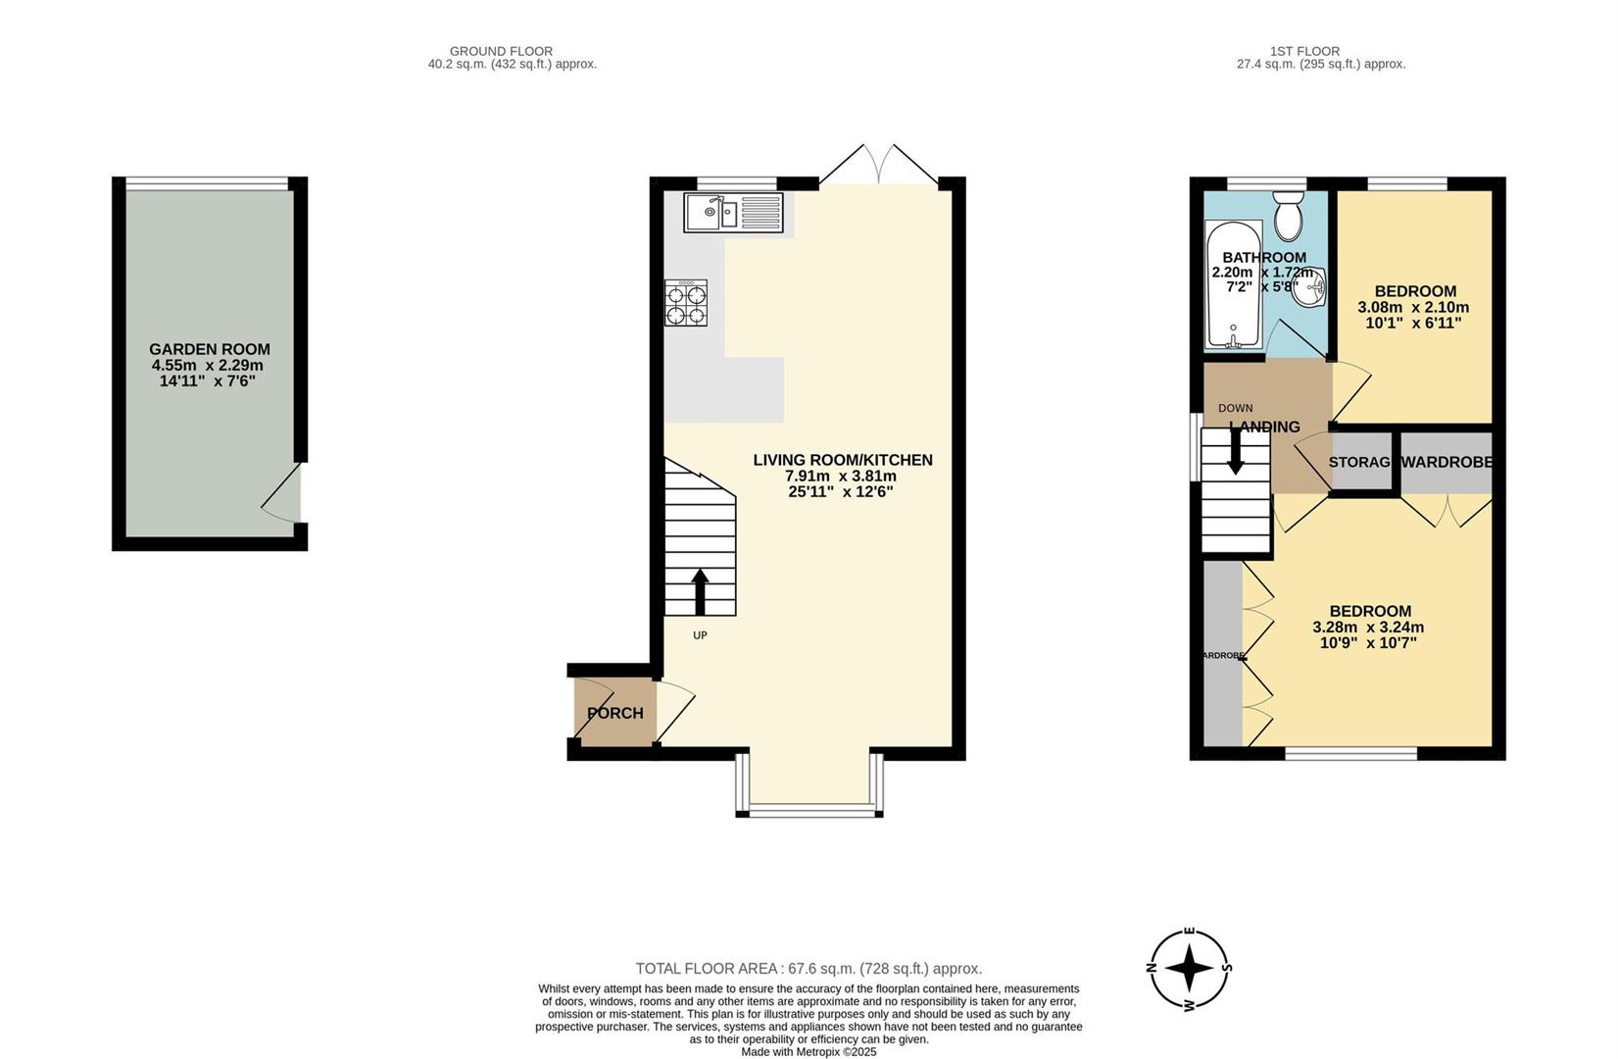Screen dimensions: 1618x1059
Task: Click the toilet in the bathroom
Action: pos(1287,216)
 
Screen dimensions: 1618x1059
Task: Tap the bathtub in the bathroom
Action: pos(1234,285)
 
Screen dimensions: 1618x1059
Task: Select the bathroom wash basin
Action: pos(1311,288)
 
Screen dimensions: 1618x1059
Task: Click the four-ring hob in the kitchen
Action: pos(686,303)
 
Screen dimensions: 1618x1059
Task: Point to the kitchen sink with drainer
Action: pos(733,213)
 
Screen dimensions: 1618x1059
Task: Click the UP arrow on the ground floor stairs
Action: pos(699,592)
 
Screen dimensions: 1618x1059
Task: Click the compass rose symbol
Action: pos(1189,969)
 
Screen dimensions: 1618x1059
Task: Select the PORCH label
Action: pos(615,714)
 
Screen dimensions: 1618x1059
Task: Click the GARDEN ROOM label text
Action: pos(210,350)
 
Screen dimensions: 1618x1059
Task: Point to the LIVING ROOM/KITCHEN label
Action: pos(843,460)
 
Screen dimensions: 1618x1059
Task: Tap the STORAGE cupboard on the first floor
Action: pos(1361,463)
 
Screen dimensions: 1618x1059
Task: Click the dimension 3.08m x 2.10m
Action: pos(1413,307)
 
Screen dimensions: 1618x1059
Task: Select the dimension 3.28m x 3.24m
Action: pos(1369,628)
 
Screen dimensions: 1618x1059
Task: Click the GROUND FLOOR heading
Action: pos(502,51)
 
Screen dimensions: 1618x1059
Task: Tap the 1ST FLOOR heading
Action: pos(1305,51)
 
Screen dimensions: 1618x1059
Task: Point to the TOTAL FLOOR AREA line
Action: pos(809,969)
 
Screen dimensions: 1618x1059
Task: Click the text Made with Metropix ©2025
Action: pos(809,1052)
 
